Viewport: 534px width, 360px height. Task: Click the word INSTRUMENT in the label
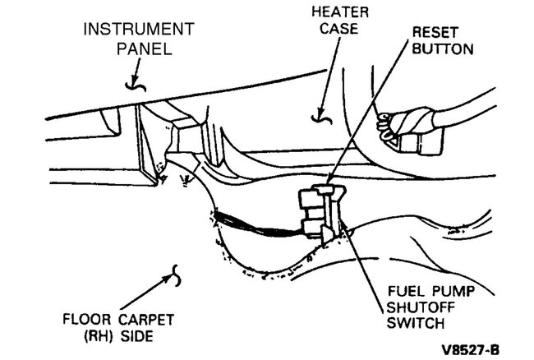pyautogui.click(x=139, y=30)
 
